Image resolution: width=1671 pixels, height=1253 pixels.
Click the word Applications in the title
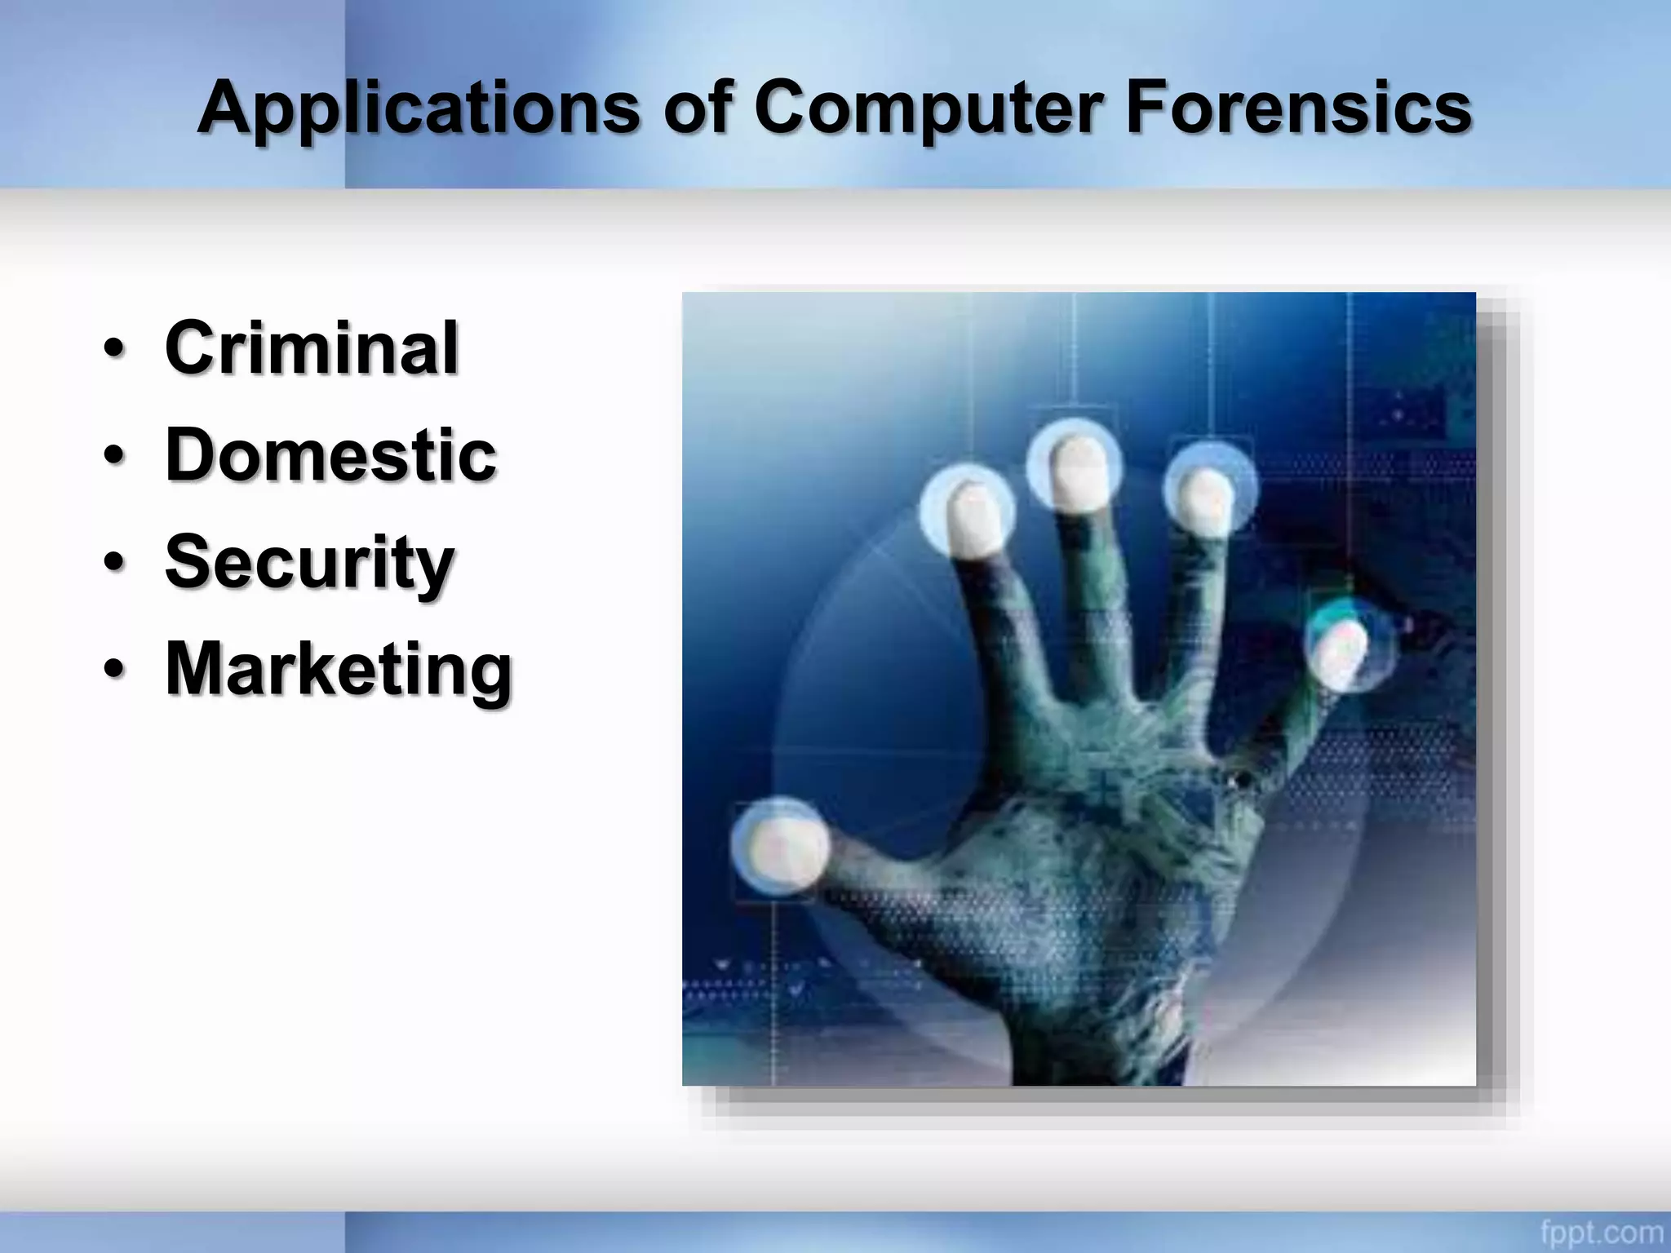click(x=418, y=108)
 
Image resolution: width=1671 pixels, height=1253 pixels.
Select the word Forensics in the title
click(x=1298, y=108)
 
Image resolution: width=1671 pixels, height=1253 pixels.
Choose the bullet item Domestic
click(x=330, y=454)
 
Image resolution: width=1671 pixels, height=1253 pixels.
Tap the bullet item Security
click(x=309, y=562)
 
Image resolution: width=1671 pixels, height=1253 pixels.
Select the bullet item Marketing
click(x=339, y=669)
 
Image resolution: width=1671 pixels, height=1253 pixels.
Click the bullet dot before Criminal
click(x=114, y=350)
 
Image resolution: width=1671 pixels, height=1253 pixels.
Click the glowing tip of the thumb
click(x=779, y=844)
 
